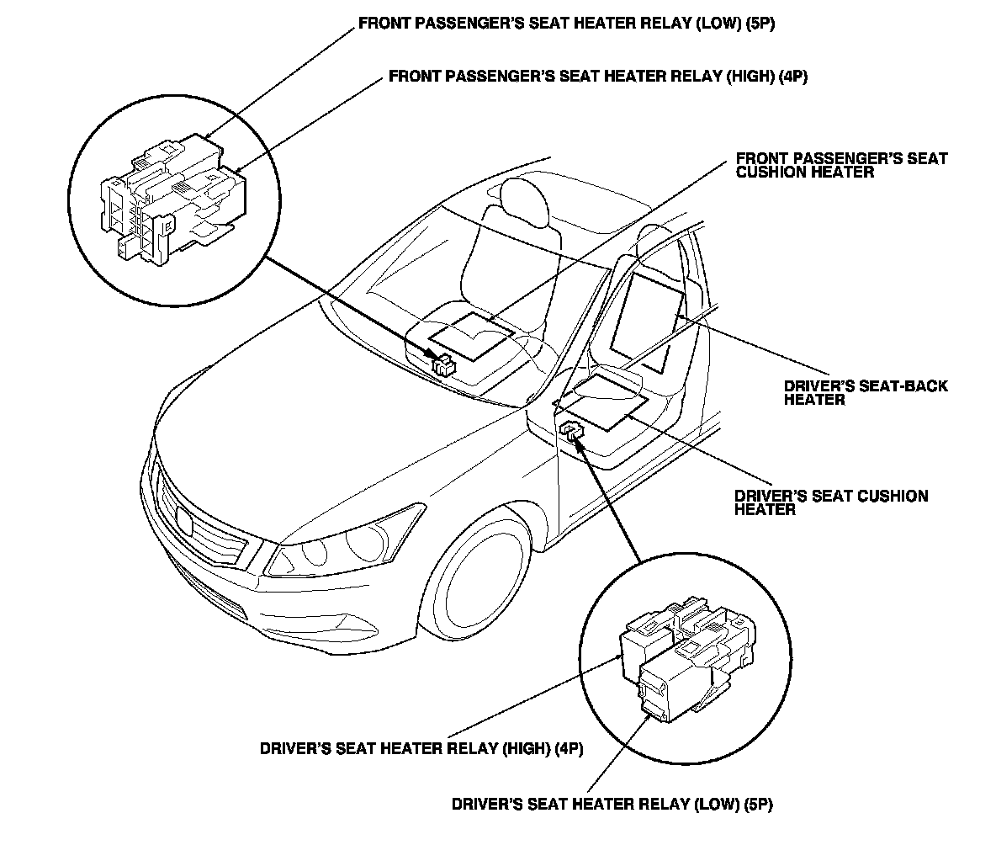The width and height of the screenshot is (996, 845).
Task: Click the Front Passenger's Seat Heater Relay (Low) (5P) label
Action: point(566,24)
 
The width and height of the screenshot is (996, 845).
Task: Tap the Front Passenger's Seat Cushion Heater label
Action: point(841,165)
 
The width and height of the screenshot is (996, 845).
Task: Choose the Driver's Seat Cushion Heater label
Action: point(831,502)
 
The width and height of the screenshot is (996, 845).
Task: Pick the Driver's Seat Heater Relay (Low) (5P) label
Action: point(612,804)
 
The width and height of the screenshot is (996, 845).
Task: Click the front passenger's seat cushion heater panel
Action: point(472,336)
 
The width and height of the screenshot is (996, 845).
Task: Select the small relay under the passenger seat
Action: point(443,365)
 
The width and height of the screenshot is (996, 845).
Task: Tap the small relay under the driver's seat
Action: point(571,431)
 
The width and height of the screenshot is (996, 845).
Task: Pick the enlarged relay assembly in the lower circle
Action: point(686,662)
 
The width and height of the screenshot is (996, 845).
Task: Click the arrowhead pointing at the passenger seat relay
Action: point(429,357)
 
